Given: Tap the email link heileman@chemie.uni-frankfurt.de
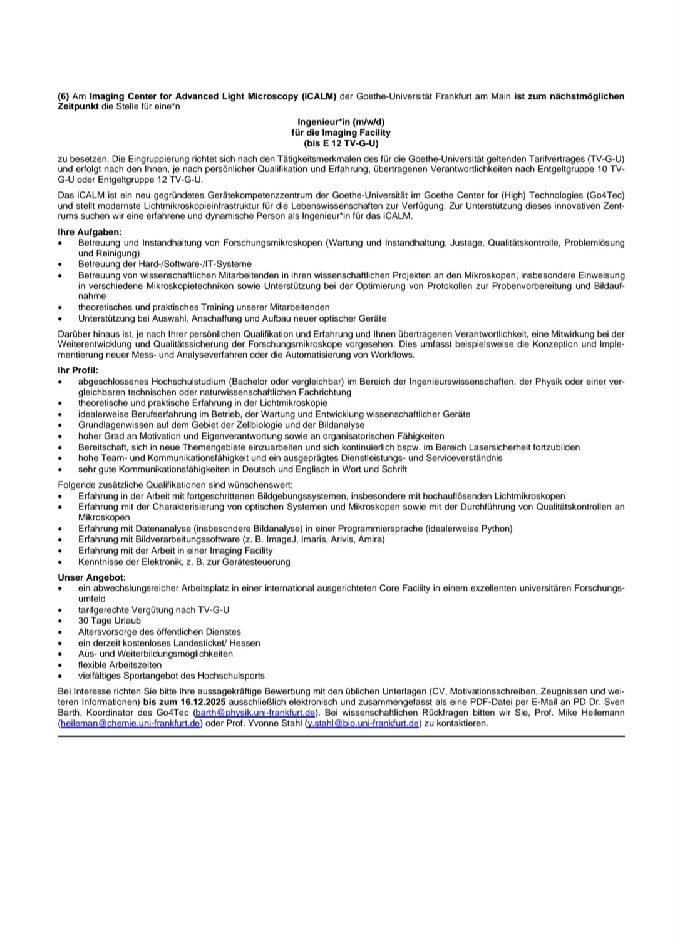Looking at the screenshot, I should pos(130,723).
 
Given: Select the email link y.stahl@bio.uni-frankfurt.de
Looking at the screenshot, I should pos(362,723).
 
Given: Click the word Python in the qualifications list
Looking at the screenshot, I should pos(495,529).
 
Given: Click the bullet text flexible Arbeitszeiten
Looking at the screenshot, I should pos(120,665).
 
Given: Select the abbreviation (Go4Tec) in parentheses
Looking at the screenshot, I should pos(605,195).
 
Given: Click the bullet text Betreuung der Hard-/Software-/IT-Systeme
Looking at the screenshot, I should pos(165,264).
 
